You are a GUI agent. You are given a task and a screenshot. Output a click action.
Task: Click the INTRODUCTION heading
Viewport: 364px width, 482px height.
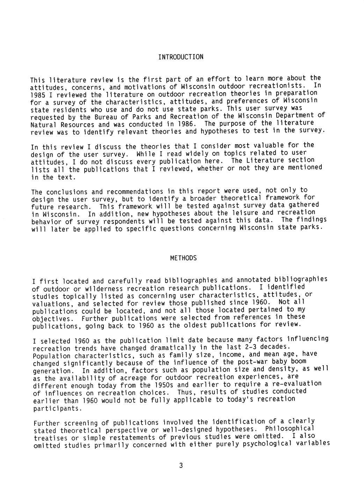[181, 57]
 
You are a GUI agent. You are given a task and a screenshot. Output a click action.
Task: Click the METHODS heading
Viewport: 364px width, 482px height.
[183, 258]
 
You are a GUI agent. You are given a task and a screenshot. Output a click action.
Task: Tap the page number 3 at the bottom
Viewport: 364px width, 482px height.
[181, 465]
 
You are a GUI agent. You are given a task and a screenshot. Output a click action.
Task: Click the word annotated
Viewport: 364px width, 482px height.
[253, 280]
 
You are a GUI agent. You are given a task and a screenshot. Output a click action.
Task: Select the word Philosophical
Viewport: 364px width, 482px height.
[290, 429]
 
